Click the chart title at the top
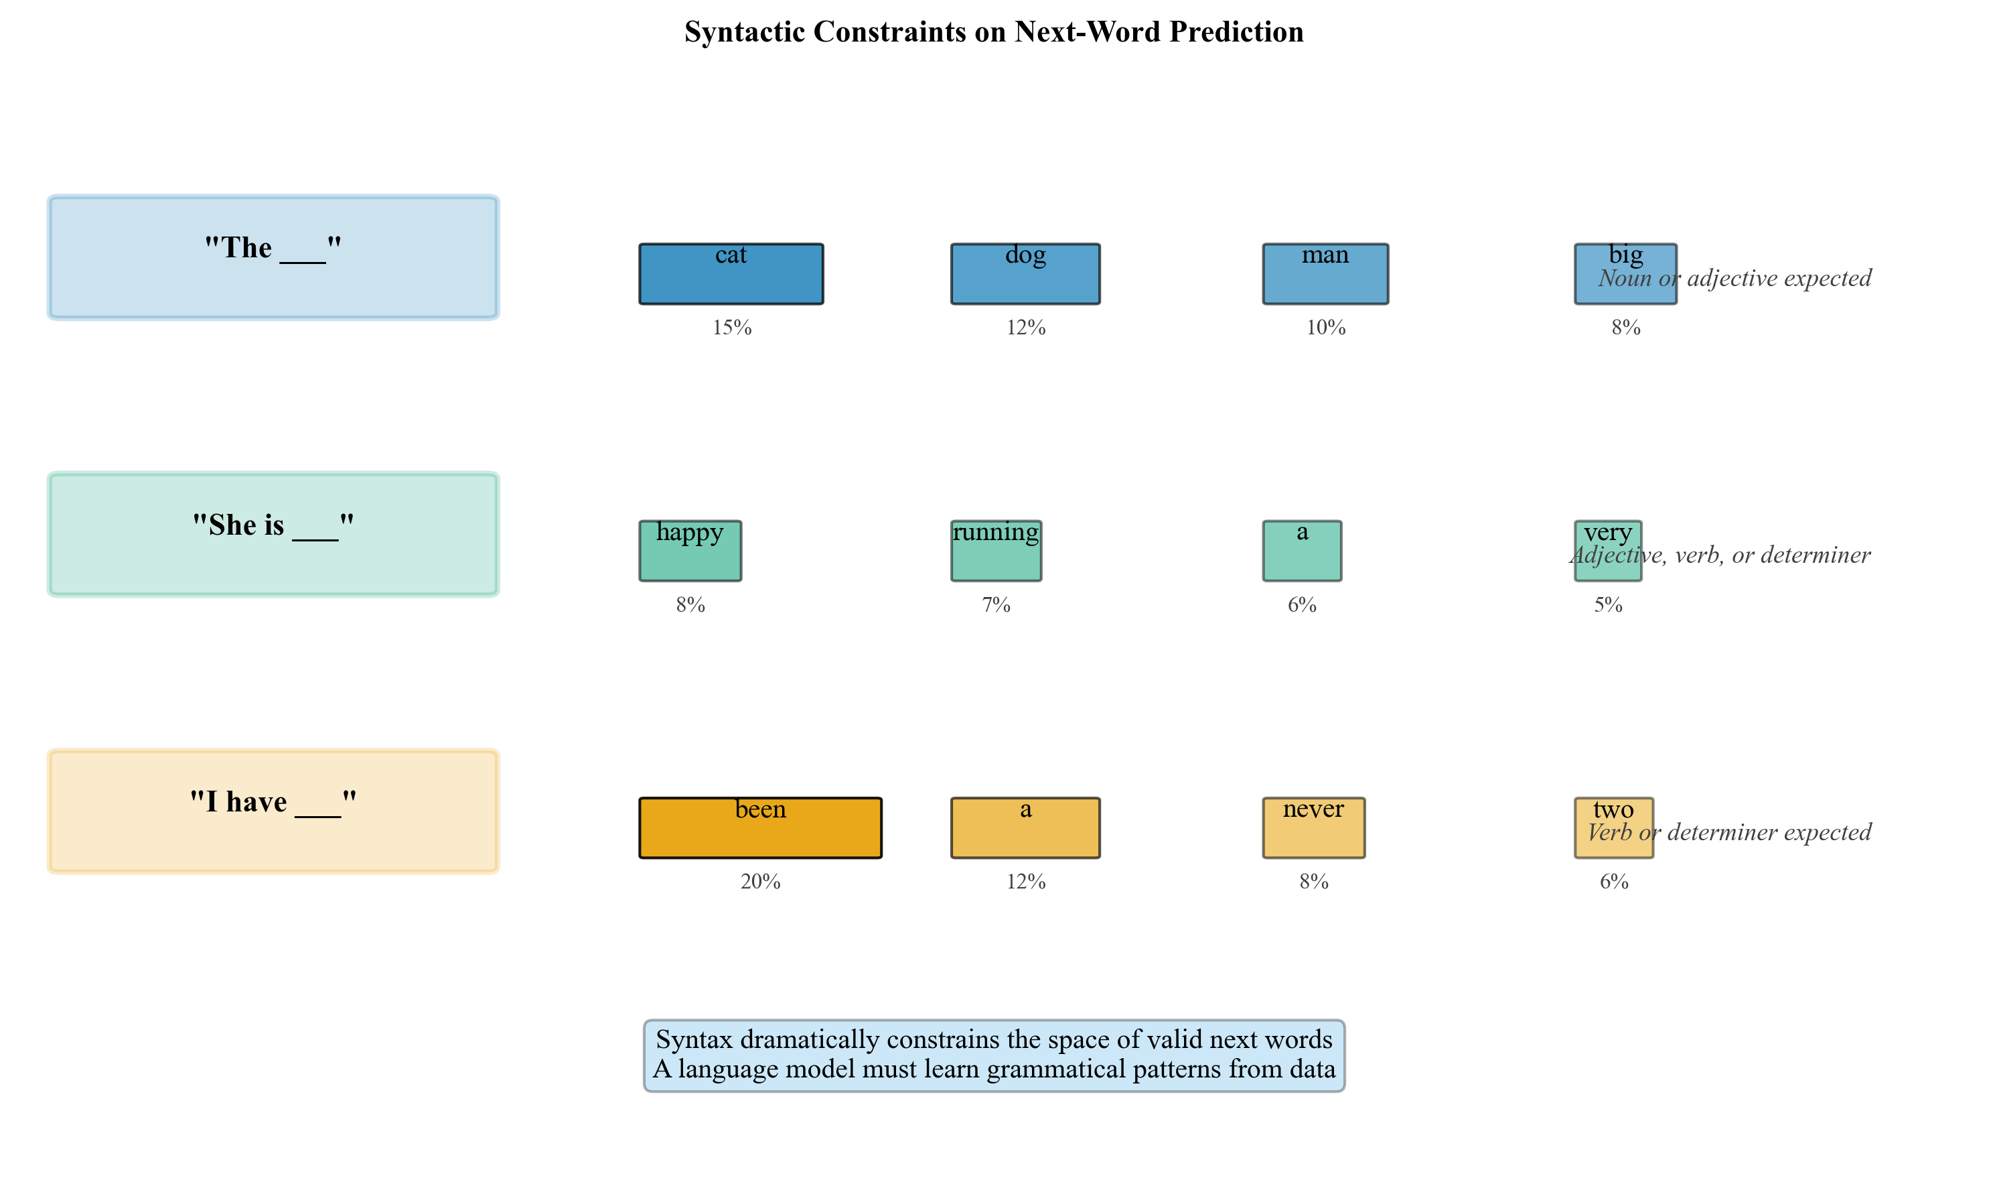994,32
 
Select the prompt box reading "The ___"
273,257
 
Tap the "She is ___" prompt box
273,534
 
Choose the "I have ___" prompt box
273,811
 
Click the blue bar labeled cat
731,279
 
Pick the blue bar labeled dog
1025,279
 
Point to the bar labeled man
1325,279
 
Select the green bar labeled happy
690,557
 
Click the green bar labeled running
996,557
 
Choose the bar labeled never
1313,834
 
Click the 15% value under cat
732,328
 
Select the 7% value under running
996,605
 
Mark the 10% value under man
1325,328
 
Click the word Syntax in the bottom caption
694,1039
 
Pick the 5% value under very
1608,605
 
